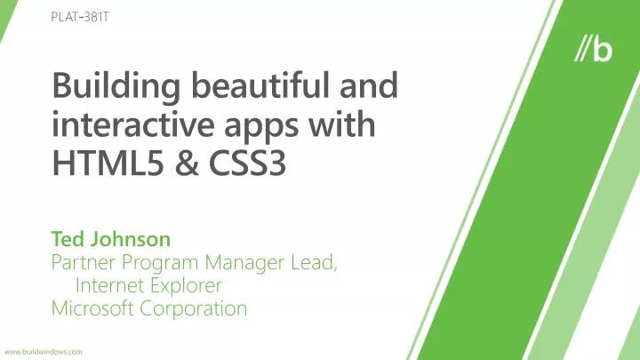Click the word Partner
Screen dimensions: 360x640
84,263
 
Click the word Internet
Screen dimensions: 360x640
108,286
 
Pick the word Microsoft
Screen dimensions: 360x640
92,309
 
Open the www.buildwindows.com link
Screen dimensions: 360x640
44,352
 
